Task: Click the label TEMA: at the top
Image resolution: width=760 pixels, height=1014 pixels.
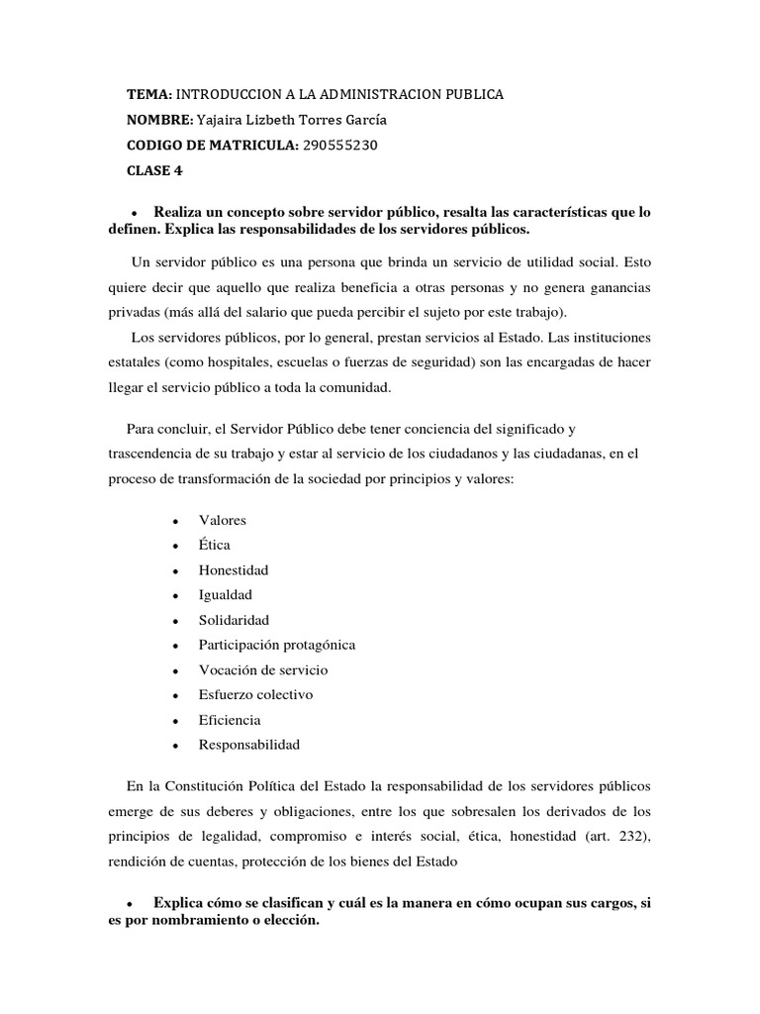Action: point(149,95)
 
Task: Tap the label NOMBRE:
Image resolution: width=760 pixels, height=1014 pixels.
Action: point(159,120)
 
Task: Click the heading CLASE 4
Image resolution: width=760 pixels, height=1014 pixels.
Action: point(154,170)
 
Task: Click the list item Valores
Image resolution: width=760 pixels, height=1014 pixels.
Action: point(223,520)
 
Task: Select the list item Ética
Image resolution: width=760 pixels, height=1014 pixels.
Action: point(215,545)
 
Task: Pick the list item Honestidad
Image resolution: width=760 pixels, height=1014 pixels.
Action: point(234,570)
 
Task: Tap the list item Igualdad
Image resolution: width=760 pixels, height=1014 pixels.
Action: point(226,595)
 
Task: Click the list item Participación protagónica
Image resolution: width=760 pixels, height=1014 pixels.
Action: point(277,645)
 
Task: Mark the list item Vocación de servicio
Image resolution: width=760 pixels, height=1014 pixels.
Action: point(263,669)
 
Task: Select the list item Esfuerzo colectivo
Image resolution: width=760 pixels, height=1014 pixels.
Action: point(255,694)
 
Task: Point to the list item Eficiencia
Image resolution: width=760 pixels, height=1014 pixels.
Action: point(230,720)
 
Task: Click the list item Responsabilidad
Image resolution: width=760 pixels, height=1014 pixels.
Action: point(249,745)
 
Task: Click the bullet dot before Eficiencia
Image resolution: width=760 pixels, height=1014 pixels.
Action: point(174,721)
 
